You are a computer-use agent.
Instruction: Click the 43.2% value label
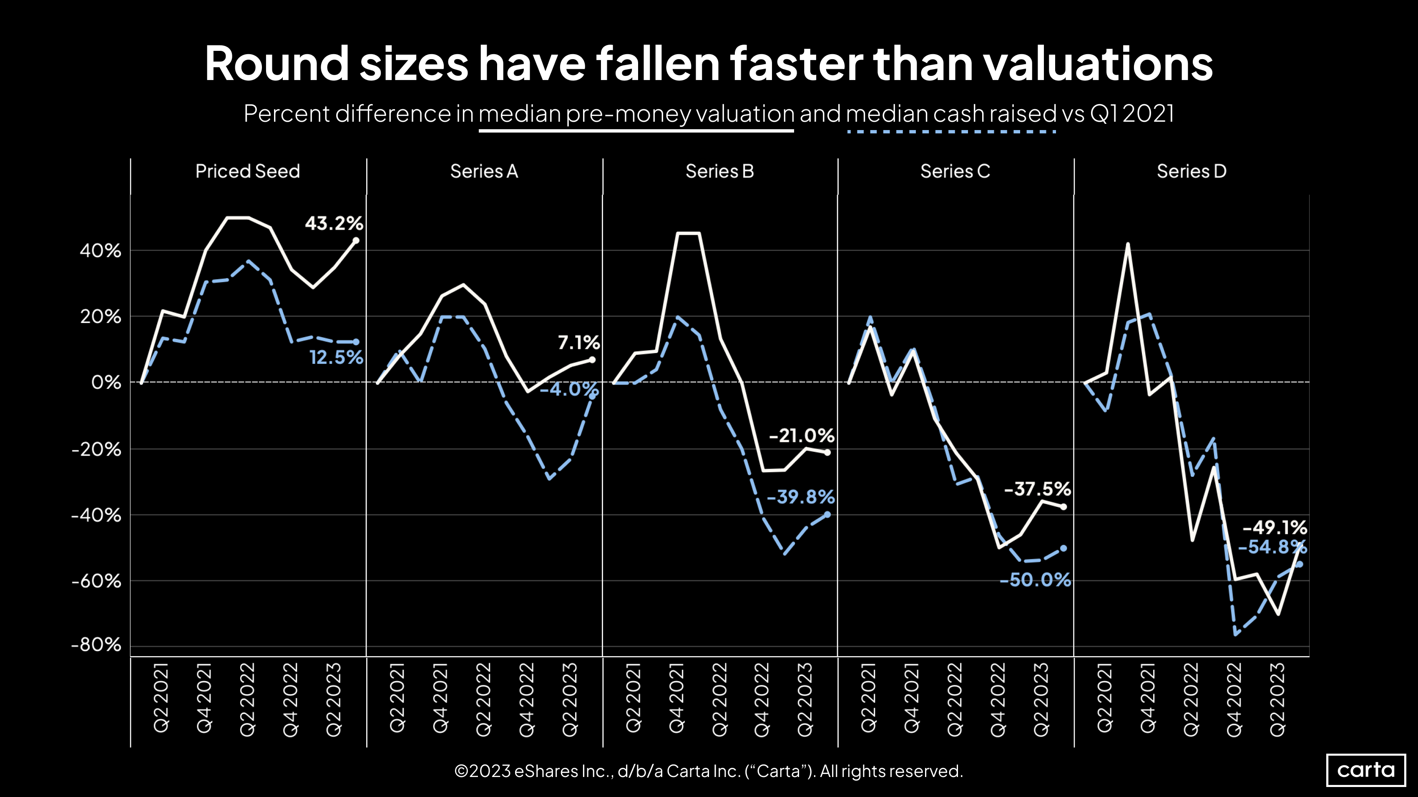(x=334, y=223)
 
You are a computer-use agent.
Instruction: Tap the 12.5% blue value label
(x=336, y=358)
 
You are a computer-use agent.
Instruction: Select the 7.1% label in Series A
(x=578, y=343)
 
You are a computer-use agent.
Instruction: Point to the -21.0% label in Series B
(x=802, y=436)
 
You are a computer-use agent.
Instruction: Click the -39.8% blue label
(x=800, y=497)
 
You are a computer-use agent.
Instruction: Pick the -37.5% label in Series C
(x=1037, y=489)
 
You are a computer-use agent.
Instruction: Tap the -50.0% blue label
(x=1035, y=580)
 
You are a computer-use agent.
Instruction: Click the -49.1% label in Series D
(x=1275, y=527)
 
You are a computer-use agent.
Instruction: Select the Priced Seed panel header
(x=248, y=171)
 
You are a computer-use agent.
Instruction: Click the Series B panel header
(x=719, y=171)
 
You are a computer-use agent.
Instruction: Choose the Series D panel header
(x=1191, y=171)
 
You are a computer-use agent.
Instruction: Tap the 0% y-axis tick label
(x=106, y=382)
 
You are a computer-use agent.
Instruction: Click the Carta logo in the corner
(x=1366, y=769)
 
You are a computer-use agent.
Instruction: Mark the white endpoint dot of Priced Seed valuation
(x=356, y=241)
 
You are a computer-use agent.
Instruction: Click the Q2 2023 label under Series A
(x=570, y=699)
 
